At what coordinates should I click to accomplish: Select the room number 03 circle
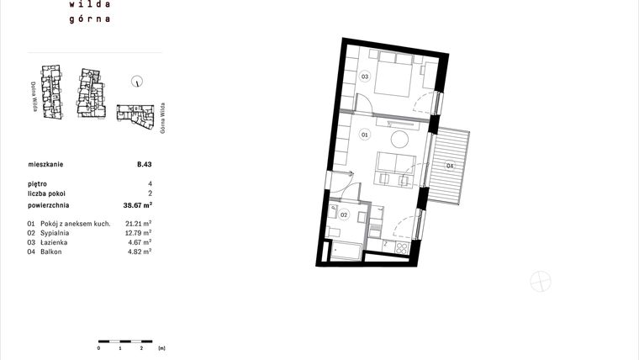[x=365, y=77]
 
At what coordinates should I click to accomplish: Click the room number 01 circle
[x=365, y=135]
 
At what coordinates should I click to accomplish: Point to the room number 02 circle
[x=343, y=214]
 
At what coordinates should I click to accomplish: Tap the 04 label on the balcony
[x=450, y=167]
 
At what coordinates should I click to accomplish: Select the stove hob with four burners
[x=400, y=248]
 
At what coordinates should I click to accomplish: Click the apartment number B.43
[x=144, y=165]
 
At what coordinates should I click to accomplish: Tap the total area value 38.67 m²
[x=137, y=204]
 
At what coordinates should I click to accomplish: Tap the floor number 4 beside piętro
[x=150, y=183]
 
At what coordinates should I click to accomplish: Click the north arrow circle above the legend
[x=137, y=82]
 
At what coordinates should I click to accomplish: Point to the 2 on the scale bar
[x=141, y=347]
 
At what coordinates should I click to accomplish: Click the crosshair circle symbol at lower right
[x=541, y=282]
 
